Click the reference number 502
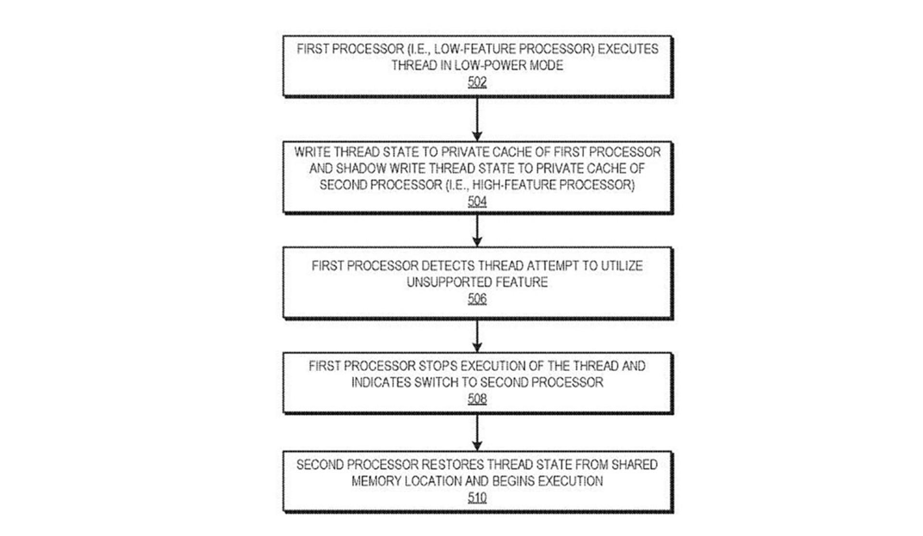(x=477, y=82)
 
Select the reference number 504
(x=477, y=201)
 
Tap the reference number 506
(x=477, y=299)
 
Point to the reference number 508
(x=477, y=399)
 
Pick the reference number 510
(x=477, y=498)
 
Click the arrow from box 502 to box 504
(x=477, y=119)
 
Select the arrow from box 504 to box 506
(x=477, y=231)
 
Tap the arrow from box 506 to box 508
(x=477, y=336)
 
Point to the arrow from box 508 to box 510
(x=477, y=433)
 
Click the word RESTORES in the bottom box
(x=452, y=465)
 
